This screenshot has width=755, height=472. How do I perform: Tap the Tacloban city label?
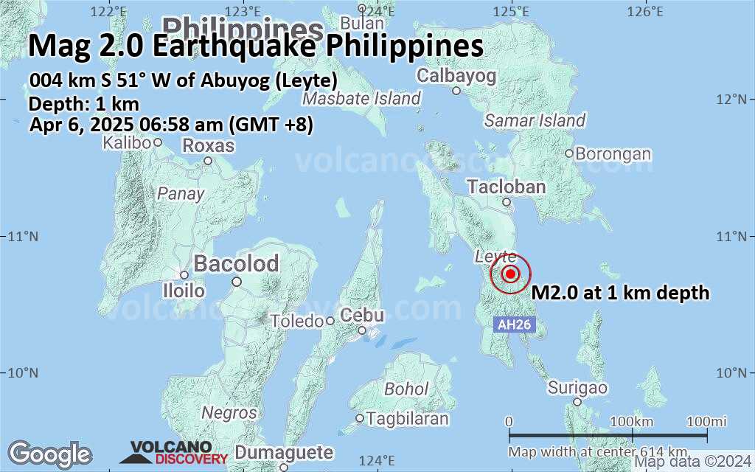(x=507, y=187)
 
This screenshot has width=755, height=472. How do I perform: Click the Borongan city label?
(x=613, y=154)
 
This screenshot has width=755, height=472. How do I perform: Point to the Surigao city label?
(x=577, y=388)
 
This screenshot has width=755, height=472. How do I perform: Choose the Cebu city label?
(x=362, y=316)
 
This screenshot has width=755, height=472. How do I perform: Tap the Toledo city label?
(x=297, y=322)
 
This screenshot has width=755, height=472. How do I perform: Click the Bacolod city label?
(x=236, y=263)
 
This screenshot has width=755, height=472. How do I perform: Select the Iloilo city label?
(x=184, y=291)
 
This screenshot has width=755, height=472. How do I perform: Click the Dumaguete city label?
(x=284, y=453)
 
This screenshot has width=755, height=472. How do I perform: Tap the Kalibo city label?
(x=128, y=142)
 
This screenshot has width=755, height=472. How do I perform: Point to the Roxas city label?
(x=208, y=146)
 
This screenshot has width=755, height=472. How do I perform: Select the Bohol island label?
(x=406, y=388)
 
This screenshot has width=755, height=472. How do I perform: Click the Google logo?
(x=49, y=453)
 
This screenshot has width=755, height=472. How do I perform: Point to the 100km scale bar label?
(x=633, y=421)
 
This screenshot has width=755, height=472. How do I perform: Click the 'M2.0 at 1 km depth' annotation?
(x=620, y=293)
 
